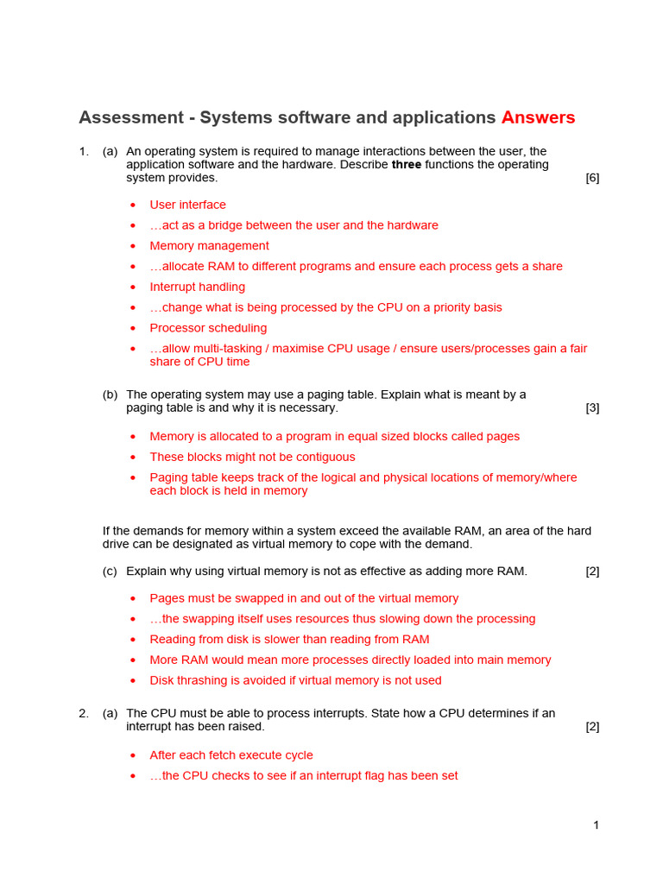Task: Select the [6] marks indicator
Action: (592, 178)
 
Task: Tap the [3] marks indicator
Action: (592, 407)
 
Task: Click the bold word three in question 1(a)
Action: (407, 165)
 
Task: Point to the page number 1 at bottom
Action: (596, 825)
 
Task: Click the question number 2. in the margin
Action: (84, 713)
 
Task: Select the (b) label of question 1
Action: (110, 395)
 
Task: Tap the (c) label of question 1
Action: (110, 571)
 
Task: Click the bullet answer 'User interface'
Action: (187, 205)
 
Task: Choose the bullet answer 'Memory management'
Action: (209, 246)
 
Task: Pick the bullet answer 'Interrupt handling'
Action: (197, 287)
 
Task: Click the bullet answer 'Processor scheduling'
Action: (208, 328)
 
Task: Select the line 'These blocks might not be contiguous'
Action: (252, 457)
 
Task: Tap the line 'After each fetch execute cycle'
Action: (231, 755)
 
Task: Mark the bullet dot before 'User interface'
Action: (133, 205)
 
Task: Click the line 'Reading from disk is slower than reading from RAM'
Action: (289, 640)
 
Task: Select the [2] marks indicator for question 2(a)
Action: (592, 727)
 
